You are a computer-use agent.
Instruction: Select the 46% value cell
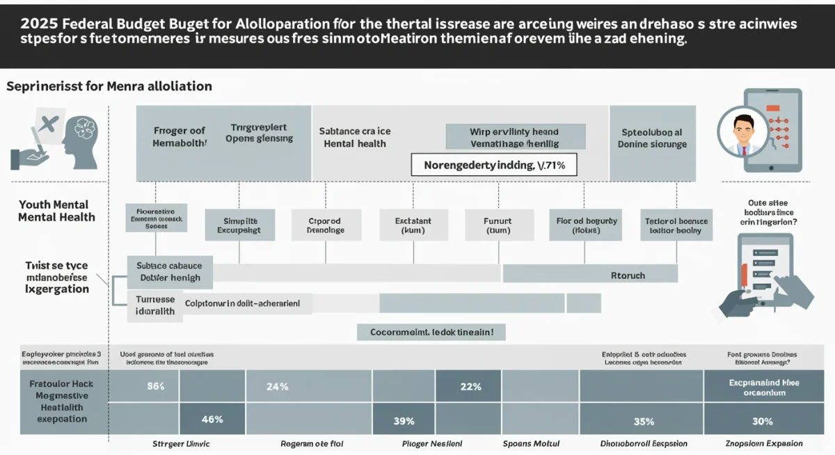(x=212, y=420)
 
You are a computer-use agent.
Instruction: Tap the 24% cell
(x=278, y=387)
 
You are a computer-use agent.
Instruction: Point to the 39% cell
(x=404, y=420)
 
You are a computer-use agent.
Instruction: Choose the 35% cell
(x=644, y=421)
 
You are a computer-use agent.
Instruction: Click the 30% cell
(x=762, y=421)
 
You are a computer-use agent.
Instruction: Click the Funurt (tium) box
(x=498, y=225)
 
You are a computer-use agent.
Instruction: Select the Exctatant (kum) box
(x=413, y=225)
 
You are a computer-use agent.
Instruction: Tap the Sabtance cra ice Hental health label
(x=355, y=137)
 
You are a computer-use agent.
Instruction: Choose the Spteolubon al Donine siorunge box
(x=652, y=138)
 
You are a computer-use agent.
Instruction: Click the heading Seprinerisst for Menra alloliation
(x=109, y=86)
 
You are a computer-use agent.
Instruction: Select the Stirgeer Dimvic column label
(x=181, y=443)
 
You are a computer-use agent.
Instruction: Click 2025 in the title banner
(x=40, y=24)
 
